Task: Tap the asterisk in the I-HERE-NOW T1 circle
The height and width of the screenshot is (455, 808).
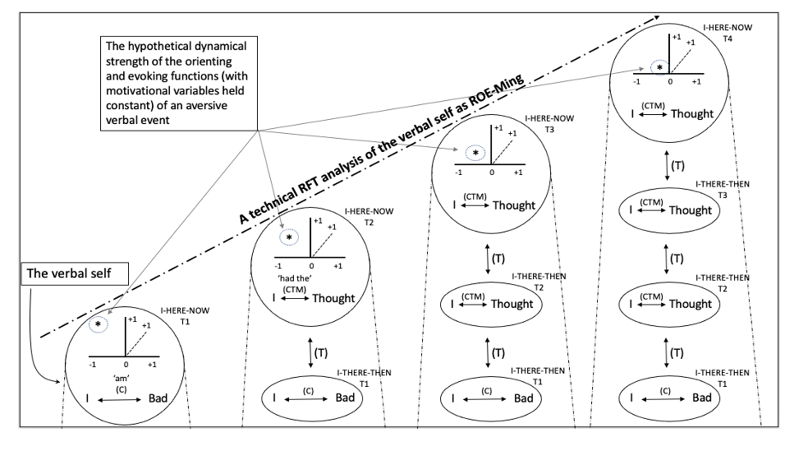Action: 99,325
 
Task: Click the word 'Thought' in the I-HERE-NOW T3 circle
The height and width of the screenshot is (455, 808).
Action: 514,205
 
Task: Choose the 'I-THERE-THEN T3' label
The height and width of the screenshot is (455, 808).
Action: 723,190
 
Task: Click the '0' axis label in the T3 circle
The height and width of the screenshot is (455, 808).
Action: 492,173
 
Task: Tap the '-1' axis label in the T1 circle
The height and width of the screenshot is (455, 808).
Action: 94,363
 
